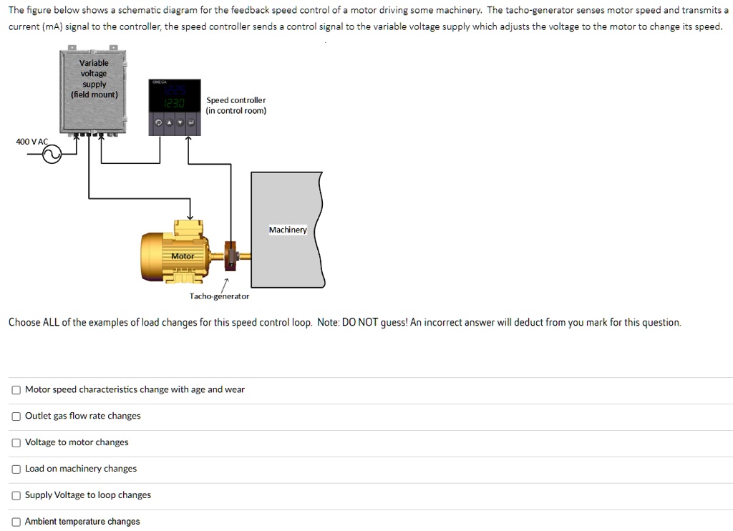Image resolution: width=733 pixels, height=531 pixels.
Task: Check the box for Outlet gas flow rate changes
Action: (16, 416)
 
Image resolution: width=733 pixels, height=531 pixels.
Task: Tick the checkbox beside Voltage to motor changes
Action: (16, 443)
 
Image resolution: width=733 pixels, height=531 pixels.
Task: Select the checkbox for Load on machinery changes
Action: (16, 469)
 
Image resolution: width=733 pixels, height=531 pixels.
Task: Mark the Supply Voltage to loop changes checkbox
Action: (16, 495)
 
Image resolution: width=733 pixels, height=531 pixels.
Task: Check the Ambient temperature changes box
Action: (16, 522)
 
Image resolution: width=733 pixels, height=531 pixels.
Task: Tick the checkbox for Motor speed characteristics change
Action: (16, 390)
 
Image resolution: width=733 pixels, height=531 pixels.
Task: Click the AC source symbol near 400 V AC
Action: (52, 154)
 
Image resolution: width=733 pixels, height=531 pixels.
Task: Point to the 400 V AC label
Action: (31, 142)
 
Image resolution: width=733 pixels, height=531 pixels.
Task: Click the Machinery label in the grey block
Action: (288, 230)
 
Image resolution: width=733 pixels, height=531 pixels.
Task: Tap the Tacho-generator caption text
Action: (219, 296)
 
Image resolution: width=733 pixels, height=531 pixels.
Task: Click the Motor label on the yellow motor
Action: (183, 256)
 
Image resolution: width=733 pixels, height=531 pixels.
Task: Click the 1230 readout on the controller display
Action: (175, 104)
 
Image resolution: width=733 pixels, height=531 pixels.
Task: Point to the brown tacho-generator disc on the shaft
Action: (230, 254)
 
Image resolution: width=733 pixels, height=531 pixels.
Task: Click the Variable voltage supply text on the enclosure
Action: (94, 79)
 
